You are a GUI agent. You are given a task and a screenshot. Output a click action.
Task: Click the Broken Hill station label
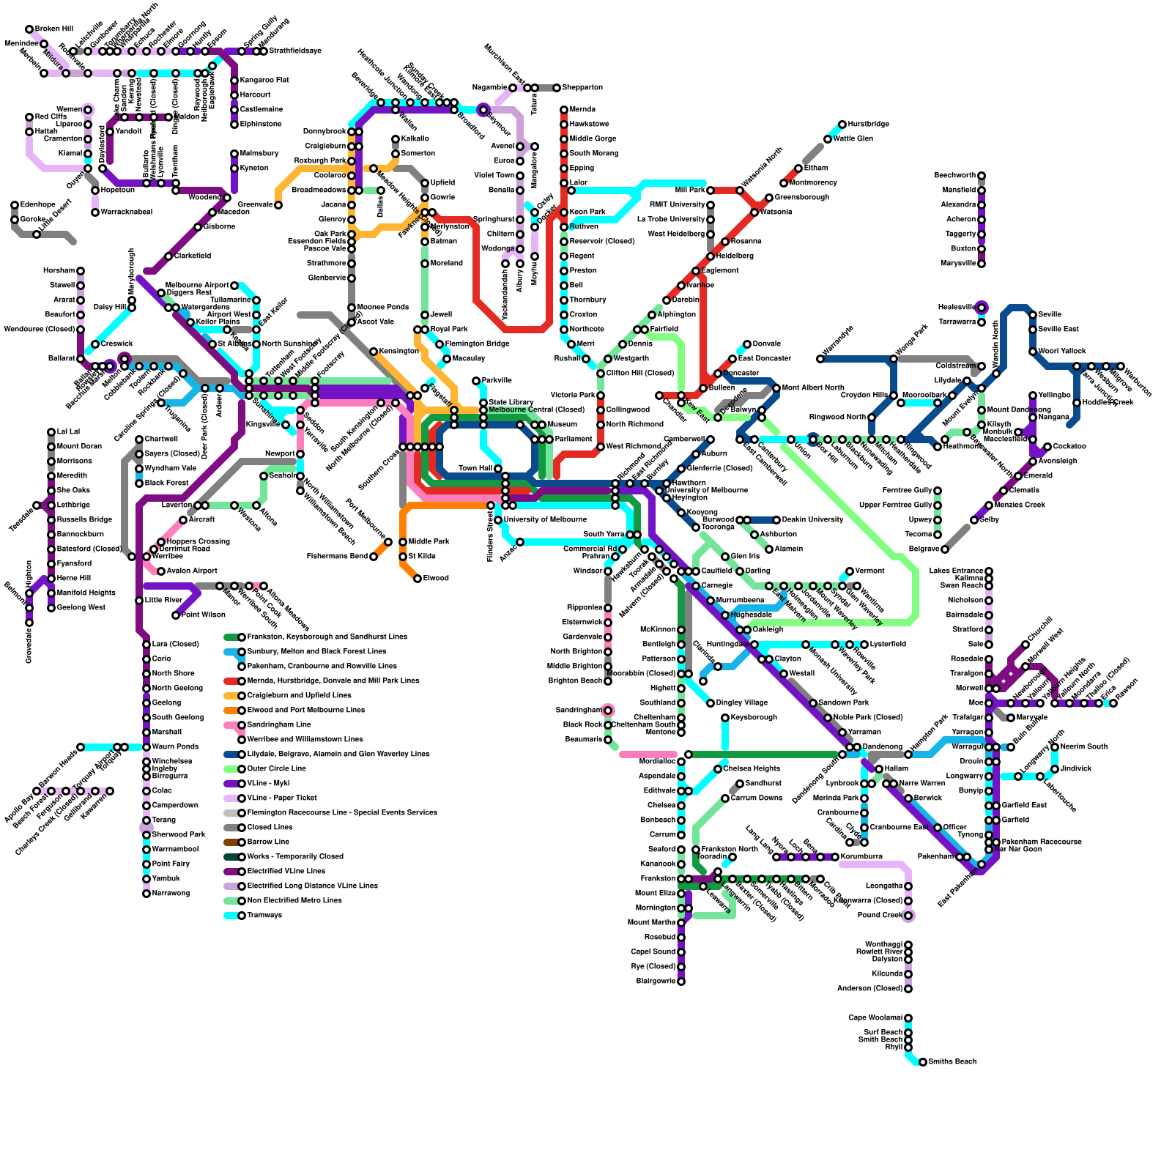coord(53,29)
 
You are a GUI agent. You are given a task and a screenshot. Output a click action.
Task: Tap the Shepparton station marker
coord(557,88)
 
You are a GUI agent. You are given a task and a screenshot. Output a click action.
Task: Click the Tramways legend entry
coord(264,916)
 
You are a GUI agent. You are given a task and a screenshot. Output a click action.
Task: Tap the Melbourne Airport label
coord(197,286)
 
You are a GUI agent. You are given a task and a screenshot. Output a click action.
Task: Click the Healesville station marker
coord(982,308)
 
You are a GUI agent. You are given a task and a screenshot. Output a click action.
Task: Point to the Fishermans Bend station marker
coord(374,557)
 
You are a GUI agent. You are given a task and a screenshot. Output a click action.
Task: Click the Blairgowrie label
coord(656,982)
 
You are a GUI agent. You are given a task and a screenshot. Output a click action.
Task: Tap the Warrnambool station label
coord(175,850)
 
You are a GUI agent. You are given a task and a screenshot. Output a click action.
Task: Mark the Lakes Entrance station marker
coord(989,571)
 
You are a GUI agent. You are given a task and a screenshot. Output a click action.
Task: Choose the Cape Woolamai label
coord(875,1018)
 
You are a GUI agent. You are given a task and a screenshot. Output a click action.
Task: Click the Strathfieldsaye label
coord(295,51)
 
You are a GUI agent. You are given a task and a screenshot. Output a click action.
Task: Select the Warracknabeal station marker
coord(95,212)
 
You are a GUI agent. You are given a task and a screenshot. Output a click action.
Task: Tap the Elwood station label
coord(436,579)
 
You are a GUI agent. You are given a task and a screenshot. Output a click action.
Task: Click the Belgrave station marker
coord(945,549)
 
